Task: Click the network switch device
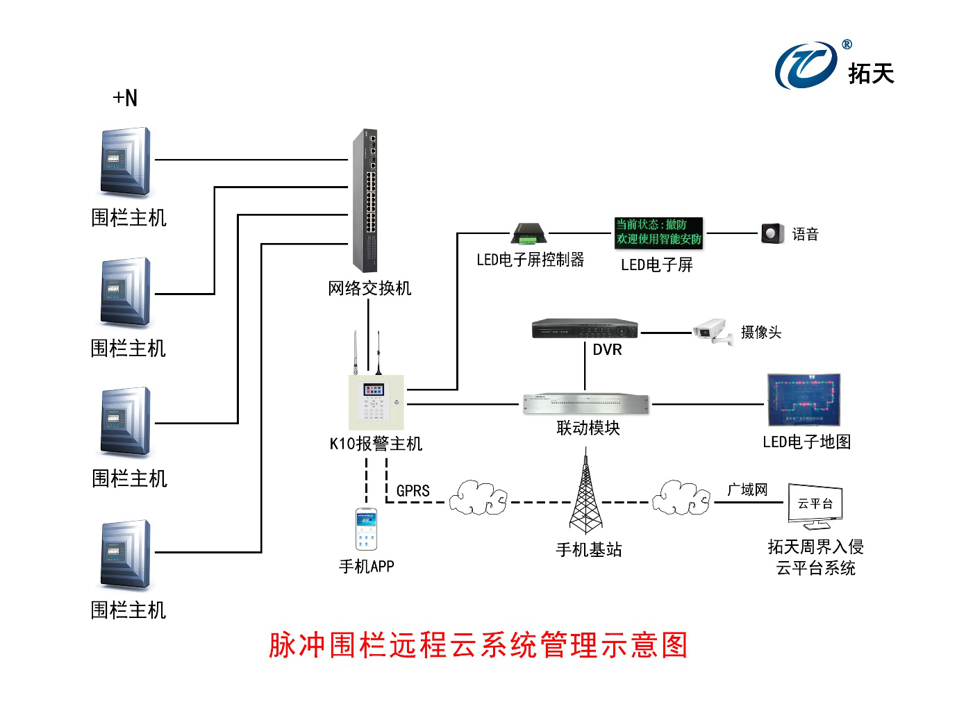[365, 201]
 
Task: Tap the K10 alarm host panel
[376, 403]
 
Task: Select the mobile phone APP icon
[366, 529]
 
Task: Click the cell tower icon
[585, 493]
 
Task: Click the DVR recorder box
[584, 328]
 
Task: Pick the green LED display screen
[658, 233]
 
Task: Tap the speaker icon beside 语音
[772, 233]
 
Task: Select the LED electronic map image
[804, 400]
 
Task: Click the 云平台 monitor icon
[815, 505]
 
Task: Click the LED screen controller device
[529, 234]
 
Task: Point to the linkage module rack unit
[585, 403]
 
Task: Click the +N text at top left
[125, 98]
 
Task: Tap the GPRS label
[413, 491]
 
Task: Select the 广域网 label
[747, 490]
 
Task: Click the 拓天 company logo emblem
[806, 65]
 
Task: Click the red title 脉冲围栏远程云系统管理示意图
[478, 645]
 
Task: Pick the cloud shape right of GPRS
[478, 498]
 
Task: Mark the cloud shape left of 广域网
[681, 498]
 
